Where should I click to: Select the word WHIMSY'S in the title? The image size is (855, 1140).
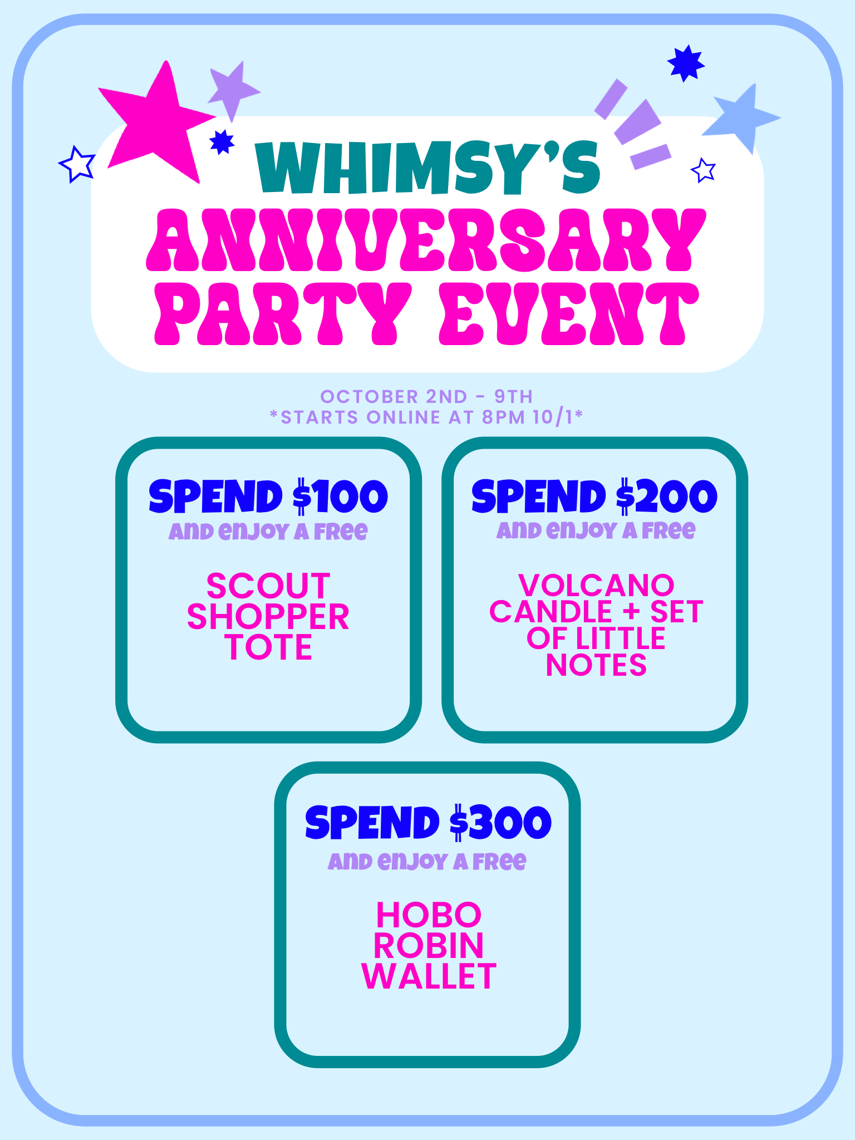click(427, 167)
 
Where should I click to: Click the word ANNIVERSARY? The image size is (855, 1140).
click(426, 240)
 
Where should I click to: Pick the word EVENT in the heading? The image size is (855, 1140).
click(568, 313)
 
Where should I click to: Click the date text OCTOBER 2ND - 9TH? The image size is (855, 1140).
click(426, 396)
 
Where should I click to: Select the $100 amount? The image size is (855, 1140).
click(340, 496)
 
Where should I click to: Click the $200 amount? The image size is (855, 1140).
click(666, 496)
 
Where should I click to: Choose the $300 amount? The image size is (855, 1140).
click(500, 822)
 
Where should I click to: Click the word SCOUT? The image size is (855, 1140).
click(268, 586)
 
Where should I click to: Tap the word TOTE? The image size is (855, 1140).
click(269, 647)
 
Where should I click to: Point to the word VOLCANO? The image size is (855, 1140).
click(596, 585)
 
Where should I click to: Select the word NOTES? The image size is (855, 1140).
click(596, 665)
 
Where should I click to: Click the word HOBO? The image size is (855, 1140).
click(429, 915)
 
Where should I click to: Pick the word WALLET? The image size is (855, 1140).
click(428, 976)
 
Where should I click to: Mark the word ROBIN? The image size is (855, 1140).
click(429, 945)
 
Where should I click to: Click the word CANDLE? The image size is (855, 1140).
click(551, 612)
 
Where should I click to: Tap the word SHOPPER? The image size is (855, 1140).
click(268, 617)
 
